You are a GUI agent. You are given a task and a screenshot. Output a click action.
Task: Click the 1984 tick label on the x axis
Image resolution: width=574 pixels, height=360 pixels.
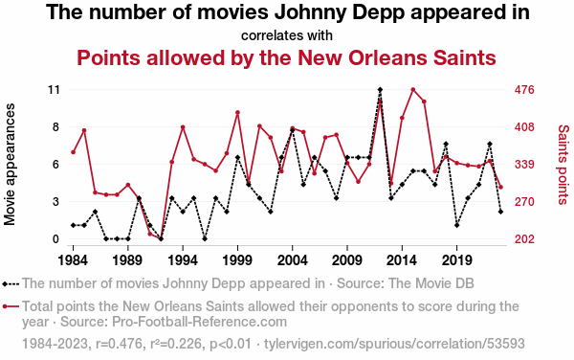(x=73, y=260)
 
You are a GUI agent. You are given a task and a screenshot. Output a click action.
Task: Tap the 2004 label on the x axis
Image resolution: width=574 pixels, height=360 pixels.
(x=292, y=260)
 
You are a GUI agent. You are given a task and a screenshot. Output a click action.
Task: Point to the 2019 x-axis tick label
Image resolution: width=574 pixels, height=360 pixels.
(x=456, y=260)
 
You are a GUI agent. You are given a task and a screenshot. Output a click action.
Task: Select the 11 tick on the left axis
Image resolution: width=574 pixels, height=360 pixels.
(x=54, y=90)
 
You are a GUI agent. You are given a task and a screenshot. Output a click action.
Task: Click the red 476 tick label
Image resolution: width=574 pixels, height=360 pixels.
(x=524, y=90)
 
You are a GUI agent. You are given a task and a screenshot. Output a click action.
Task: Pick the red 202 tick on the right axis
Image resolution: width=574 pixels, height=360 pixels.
(x=524, y=239)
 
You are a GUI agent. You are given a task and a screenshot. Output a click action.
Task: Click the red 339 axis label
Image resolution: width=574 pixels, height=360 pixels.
(x=524, y=165)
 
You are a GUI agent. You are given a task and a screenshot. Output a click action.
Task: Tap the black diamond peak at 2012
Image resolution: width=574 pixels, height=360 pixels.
(x=380, y=90)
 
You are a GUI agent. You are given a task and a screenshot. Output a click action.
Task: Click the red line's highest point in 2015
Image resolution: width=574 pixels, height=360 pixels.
(x=413, y=90)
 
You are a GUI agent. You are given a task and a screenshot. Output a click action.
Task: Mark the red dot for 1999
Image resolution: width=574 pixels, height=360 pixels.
(x=237, y=112)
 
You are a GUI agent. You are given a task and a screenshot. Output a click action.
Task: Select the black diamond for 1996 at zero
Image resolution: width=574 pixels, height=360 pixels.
(x=205, y=238)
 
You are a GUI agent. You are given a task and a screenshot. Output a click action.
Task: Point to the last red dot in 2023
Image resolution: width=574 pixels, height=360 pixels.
(x=500, y=187)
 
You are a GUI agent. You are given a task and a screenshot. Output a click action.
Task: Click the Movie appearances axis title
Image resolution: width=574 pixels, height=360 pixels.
(x=10, y=165)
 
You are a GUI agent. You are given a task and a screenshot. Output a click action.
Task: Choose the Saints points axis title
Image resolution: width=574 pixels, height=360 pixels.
(x=563, y=165)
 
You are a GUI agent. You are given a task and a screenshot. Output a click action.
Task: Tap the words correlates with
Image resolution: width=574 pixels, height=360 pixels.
(x=287, y=35)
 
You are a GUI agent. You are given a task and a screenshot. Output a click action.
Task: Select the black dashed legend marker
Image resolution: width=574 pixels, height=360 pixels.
(x=11, y=283)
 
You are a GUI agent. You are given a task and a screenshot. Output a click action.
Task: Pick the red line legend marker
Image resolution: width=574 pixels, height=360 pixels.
(x=11, y=306)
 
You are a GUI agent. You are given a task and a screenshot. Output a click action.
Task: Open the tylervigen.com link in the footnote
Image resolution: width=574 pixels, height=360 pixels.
(x=394, y=344)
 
